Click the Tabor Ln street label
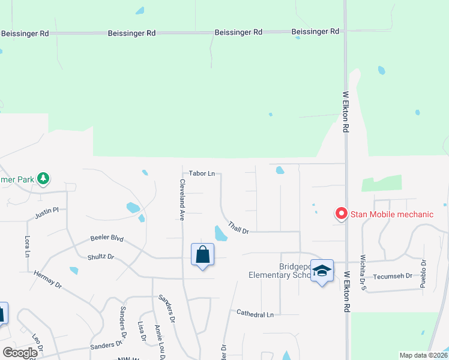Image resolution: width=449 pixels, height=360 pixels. (x=202, y=173)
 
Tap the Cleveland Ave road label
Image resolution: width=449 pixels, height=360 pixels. (x=181, y=200)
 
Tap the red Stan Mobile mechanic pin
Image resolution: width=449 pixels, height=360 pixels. (x=341, y=214)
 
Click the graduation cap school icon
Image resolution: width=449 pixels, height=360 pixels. (x=322, y=271)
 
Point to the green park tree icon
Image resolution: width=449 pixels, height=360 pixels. (x=43, y=178)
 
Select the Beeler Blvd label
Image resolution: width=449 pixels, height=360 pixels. (x=107, y=239)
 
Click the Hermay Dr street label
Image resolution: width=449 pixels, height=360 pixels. (x=48, y=279)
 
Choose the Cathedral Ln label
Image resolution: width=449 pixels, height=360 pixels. (x=255, y=314)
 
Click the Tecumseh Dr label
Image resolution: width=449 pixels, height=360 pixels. (x=393, y=276)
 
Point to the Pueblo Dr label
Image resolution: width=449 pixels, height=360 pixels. (x=423, y=274)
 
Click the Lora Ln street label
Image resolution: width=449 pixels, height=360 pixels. (x=27, y=245)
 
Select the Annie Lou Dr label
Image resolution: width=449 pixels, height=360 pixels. (x=158, y=341)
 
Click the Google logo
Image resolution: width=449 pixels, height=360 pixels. (x=20, y=353)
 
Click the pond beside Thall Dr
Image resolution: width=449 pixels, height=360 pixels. (x=220, y=233)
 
